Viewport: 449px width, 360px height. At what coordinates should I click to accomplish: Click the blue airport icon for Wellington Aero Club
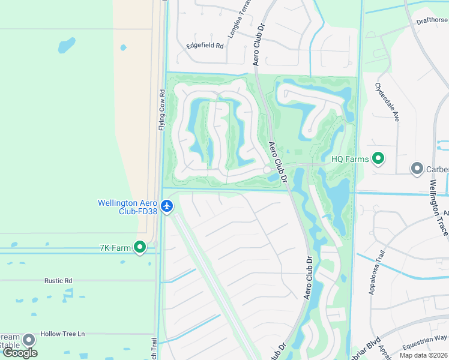(167, 207)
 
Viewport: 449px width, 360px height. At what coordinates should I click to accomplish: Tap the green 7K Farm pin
(140, 247)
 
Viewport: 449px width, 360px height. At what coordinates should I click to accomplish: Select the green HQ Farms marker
(378, 159)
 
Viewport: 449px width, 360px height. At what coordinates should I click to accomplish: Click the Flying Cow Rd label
(161, 110)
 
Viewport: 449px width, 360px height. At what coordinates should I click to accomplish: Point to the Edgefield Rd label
(205, 46)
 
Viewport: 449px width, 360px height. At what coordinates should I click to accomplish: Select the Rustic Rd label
(58, 280)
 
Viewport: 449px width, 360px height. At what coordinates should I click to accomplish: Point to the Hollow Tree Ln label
(62, 334)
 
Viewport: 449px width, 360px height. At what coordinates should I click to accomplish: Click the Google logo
(20, 353)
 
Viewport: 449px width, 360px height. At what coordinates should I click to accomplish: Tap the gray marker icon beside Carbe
(417, 169)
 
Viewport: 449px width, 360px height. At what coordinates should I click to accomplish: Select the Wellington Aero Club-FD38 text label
(128, 207)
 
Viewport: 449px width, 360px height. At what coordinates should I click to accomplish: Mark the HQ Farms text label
(350, 160)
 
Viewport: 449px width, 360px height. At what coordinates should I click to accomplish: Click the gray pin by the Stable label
(28, 341)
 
